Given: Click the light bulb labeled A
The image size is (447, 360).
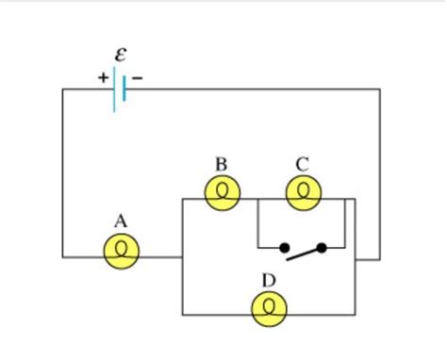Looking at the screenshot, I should [121, 250].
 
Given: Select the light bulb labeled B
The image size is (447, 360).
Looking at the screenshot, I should [223, 193].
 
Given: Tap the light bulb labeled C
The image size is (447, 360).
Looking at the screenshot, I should [303, 193].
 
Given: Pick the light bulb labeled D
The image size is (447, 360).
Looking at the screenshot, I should [270, 307].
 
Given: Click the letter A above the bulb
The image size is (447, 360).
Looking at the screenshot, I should [120, 221].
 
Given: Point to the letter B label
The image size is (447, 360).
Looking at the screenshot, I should [222, 165].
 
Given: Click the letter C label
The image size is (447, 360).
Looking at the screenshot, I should [302, 165].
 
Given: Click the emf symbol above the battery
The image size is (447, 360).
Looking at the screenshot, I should [120, 56].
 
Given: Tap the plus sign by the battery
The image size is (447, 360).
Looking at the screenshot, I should [102, 78].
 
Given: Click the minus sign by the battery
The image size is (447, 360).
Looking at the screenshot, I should [138, 78].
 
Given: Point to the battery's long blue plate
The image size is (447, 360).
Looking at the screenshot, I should [115, 90].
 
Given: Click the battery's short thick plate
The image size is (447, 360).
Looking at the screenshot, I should [124, 90].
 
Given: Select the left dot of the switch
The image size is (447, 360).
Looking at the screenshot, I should [284, 248].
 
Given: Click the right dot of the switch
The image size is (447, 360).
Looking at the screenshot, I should [322, 248].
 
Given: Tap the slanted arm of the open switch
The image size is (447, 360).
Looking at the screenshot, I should [304, 252].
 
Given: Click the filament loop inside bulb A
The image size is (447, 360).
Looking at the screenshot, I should [121, 252].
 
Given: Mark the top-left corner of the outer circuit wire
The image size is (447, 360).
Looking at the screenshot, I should [63, 90].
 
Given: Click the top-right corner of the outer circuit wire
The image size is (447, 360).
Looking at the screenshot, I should [380, 90].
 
